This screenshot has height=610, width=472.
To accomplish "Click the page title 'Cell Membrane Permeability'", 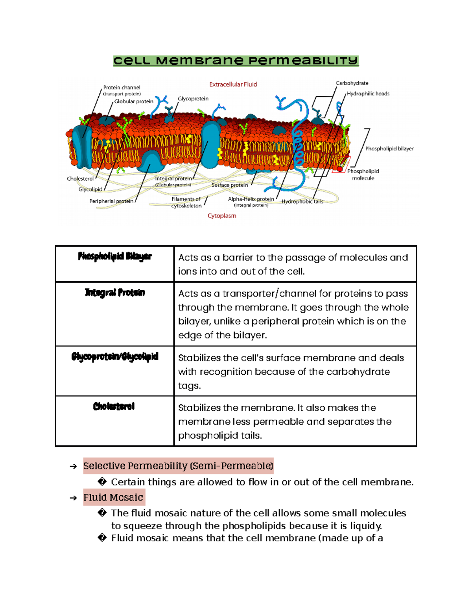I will click(236, 61).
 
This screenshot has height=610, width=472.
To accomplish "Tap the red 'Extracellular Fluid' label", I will click(233, 84).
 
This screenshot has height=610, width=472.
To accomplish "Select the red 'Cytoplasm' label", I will click(222, 216).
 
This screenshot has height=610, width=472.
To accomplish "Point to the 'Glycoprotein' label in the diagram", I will click(193, 99).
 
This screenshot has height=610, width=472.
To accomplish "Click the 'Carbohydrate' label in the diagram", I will click(352, 83).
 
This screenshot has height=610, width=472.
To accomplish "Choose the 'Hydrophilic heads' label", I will click(368, 93).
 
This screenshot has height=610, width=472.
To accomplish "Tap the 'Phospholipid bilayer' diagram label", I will click(389, 148).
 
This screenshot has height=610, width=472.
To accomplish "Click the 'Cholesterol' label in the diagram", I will click(80, 179).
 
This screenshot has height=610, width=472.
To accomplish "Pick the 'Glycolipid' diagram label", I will click(90, 189).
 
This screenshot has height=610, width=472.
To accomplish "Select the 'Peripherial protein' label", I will click(111, 201).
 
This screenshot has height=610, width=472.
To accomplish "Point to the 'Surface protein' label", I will click(230, 185).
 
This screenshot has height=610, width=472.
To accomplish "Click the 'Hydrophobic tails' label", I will click(302, 202).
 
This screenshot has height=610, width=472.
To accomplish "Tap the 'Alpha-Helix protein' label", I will click(251, 199).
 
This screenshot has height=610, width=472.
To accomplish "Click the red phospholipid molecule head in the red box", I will click(340, 169).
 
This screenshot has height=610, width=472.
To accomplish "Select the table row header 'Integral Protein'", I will click(115, 293).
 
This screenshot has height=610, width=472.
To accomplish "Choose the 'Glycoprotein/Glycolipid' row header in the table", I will click(115, 357).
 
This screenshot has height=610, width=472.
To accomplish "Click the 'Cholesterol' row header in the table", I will click(114, 407).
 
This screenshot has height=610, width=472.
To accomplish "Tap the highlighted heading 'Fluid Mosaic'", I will click(113, 497).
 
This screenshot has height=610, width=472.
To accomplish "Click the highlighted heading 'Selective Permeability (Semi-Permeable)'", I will click(178, 466).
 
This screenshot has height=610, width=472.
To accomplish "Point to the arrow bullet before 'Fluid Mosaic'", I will click(73, 498).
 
